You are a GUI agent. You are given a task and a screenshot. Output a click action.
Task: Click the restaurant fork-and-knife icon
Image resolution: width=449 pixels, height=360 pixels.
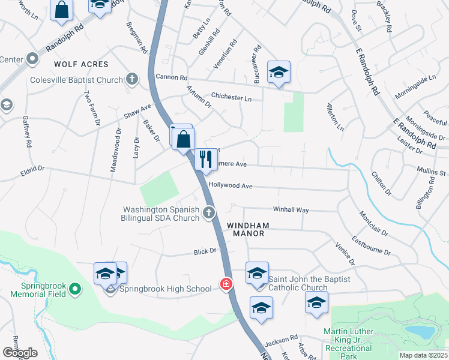point(206,159)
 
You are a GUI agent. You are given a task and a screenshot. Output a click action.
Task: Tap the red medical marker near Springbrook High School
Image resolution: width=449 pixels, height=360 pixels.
point(226,284)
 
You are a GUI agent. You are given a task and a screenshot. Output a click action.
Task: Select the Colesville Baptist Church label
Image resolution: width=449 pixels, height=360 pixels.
point(77,80)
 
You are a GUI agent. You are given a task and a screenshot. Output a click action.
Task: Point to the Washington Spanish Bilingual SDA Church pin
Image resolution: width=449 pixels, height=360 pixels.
point(208,212)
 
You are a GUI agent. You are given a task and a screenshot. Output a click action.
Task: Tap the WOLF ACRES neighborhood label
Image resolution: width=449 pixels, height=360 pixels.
point(81,64)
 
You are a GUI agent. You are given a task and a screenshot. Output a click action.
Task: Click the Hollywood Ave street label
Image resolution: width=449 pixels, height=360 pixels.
point(231,186)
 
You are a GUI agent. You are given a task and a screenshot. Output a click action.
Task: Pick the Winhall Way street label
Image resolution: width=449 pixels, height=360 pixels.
point(291,210)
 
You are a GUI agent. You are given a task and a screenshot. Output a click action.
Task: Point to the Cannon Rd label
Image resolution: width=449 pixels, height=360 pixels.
point(172,77)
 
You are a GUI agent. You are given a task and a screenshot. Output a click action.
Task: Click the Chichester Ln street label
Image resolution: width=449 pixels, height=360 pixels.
point(231,98)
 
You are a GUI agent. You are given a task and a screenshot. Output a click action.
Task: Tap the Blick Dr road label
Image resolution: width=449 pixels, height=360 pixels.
point(205,253)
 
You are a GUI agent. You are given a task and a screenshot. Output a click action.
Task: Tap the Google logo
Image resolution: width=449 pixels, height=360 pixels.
point(20,353)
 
